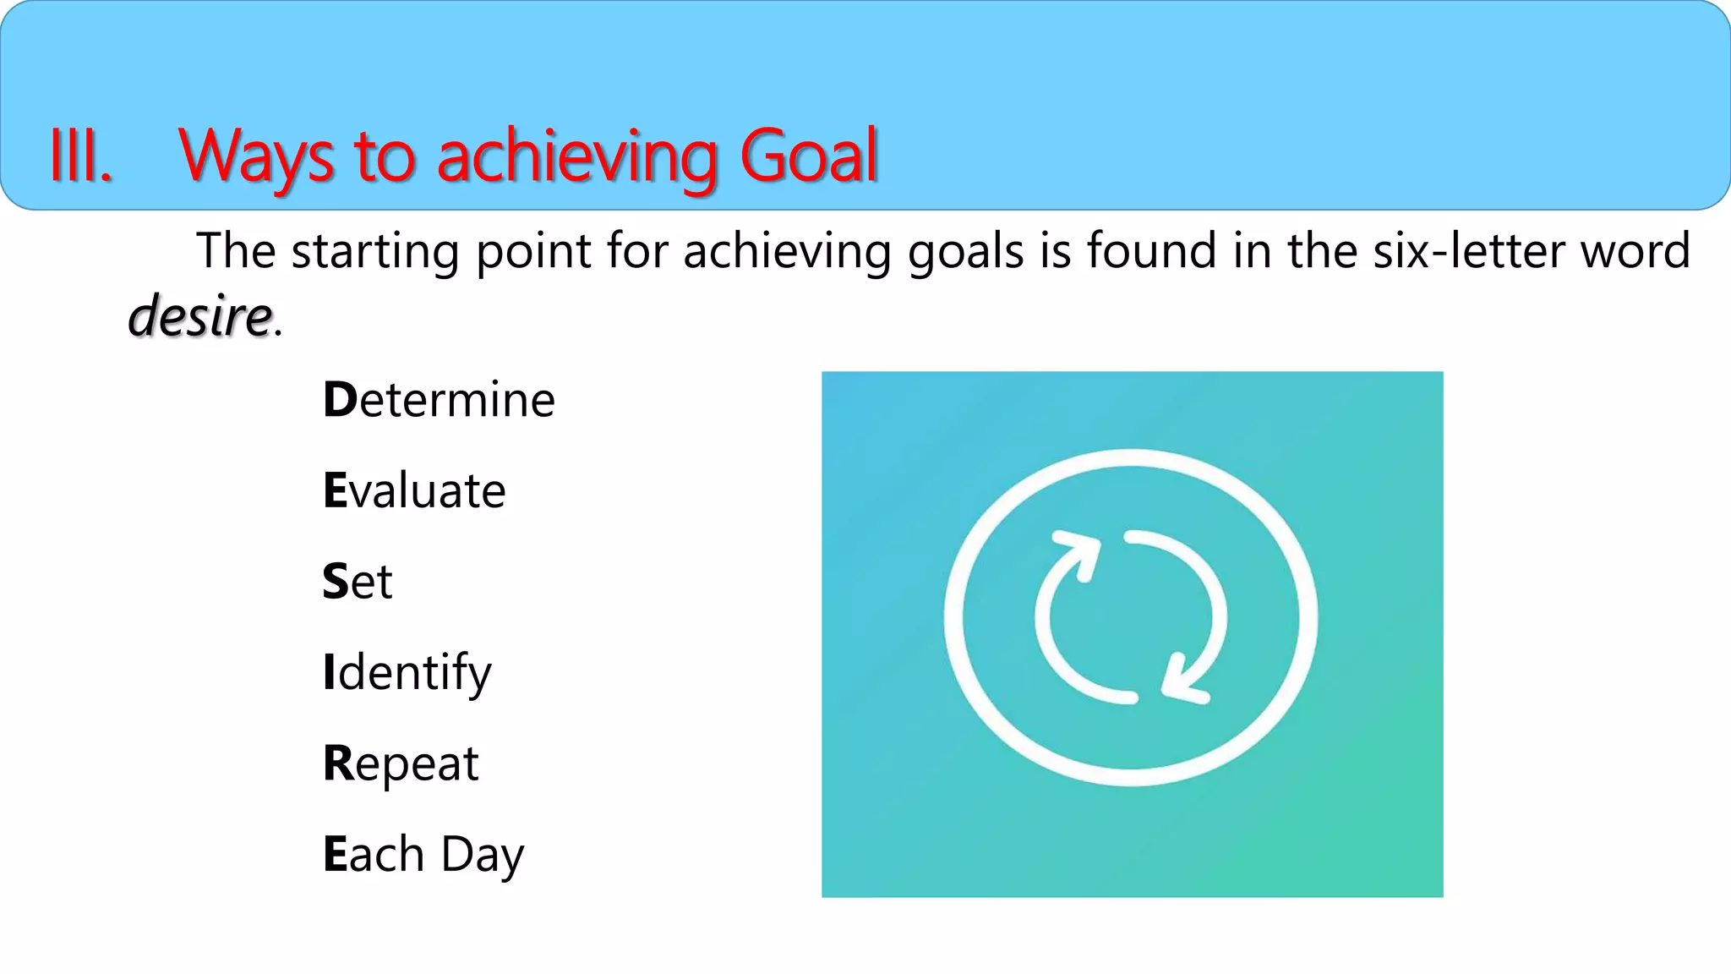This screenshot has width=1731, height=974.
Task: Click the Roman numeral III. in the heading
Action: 81,156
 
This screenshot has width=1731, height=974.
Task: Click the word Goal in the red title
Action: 809,156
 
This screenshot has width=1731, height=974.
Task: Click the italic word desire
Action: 200,316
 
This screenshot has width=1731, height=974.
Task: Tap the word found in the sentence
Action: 1152,251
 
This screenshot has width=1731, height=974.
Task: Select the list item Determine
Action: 439,400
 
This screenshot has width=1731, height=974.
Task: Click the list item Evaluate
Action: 414,490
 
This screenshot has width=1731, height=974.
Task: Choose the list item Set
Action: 358,582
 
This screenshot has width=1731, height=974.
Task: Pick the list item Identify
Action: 407,673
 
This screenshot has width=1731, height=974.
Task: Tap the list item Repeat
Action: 401,763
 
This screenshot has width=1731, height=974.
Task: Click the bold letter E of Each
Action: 336,854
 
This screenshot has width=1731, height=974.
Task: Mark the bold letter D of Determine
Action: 340,400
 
